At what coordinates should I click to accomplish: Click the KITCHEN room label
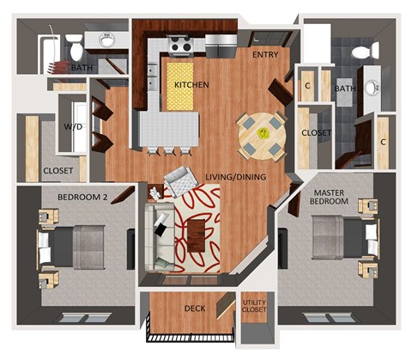192,86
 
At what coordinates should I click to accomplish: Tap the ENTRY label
264,55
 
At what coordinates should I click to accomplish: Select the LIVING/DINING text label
235,178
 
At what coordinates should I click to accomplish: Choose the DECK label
194,308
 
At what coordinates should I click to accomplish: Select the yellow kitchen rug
179,86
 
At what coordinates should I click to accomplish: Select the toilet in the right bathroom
364,52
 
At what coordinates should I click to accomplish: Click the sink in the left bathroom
107,40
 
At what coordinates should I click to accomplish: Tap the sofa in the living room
159,234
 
